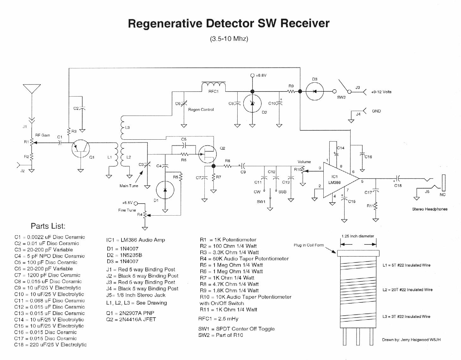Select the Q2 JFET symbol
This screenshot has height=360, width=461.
(207, 154)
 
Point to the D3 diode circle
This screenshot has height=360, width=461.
(315, 92)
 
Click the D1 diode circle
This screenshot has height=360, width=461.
(165, 190)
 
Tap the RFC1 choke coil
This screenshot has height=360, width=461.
(214, 86)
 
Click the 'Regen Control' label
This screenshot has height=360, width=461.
(201, 110)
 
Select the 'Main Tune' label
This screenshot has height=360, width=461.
(129, 186)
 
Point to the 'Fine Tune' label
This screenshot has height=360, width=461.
(127, 210)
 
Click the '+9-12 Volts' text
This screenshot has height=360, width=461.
(381, 92)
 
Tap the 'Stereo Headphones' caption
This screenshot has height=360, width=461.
(430, 209)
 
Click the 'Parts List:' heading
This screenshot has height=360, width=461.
(48, 226)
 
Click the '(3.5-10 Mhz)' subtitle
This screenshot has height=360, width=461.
(229, 39)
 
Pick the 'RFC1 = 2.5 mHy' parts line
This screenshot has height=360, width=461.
(218, 319)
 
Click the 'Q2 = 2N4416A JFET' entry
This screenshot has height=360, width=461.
(131, 319)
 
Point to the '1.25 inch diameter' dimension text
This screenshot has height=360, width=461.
(358, 236)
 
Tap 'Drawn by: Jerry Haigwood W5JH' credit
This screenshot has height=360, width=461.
(411, 340)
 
